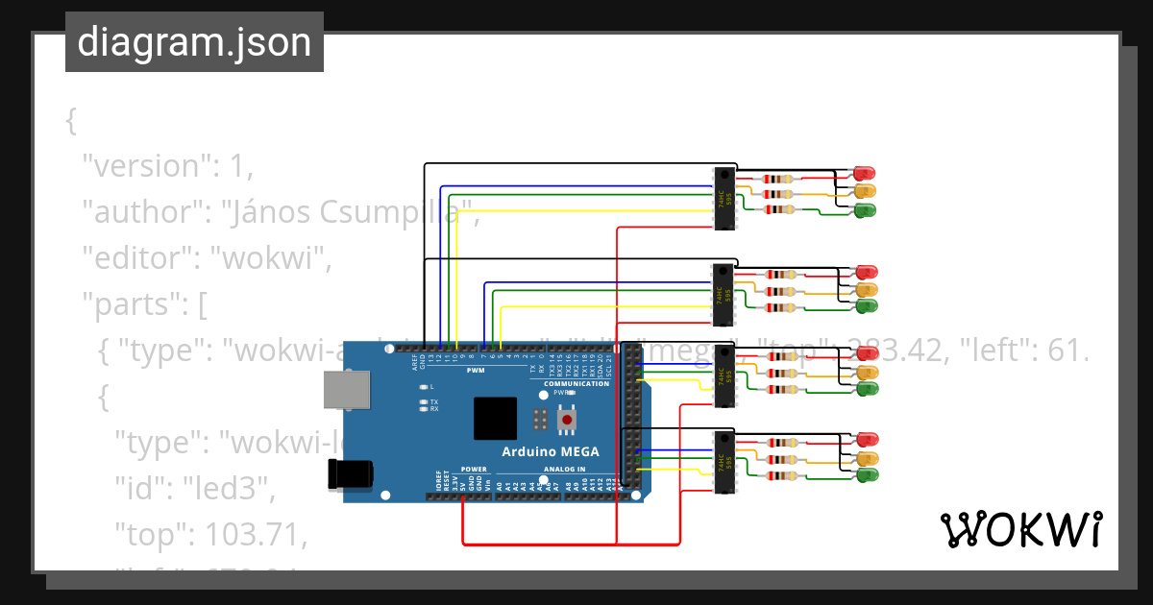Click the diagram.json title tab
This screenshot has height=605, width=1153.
[x=194, y=42]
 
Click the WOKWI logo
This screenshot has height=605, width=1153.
[x=1020, y=529]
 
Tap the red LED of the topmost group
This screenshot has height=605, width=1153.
[x=863, y=174]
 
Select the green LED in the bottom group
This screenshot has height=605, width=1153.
[x=867, y=475]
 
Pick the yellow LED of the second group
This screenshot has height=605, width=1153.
[x=867, y=289]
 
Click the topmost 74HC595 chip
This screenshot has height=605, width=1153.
[x=724, y=199]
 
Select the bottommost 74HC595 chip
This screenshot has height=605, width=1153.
[x=724, y=462]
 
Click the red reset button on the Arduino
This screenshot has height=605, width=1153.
[x=568, y=420]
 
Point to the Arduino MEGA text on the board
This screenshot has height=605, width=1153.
[x=551, y=451]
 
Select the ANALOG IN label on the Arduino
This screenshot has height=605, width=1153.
[x=564, y=470]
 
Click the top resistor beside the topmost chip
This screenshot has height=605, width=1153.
[x=777, y=179]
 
